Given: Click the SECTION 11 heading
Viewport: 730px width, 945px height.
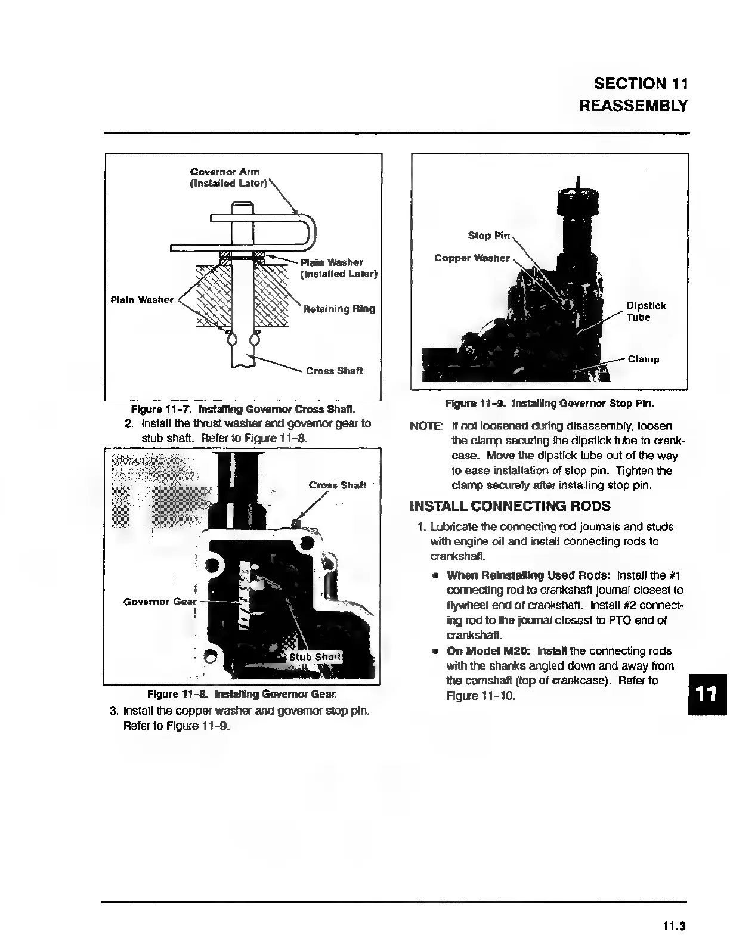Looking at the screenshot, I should pyautogui.click(x=641, y=83).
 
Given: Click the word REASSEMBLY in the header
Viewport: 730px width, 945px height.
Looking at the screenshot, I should pyautogui.click(x=633, y=106).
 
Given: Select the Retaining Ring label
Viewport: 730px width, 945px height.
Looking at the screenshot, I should pyautogui.click(x=339, y=309).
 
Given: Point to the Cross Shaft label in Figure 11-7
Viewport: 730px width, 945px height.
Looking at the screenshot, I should pyautogui.click(x=334, y=371).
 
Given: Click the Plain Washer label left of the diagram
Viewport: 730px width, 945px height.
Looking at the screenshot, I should pyautogui.click(x=142, y=300).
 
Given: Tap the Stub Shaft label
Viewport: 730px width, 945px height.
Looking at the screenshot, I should pyautogui.click(x=315, y=657).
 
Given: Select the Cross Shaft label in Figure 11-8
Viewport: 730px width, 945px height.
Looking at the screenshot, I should pyautogui.click(x=337, y=485).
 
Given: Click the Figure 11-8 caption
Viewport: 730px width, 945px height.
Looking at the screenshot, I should pyautogui.click(x=242, y=694).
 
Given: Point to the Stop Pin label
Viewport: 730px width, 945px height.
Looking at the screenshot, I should pyautogui.click(x=488, y=236).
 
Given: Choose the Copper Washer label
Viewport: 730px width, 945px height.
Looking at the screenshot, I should pyautogui.click(x=472, y=258).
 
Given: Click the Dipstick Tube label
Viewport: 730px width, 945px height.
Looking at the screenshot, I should pyautogui.click(x=646, y=311).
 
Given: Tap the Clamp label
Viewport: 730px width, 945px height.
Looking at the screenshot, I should pyautogui.click(x=644, y=360).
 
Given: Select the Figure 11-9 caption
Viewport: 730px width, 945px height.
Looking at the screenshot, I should pyautogui.click(x=549, y=404).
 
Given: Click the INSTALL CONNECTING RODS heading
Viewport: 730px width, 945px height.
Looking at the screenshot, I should pyautogui.click(x=510, y=507).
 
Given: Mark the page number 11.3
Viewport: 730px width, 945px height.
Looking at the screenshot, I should pyautogui.click(x=674, y=926).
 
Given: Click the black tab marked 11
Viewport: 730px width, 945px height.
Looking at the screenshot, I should pyautogui.click(x=707, y=695).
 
